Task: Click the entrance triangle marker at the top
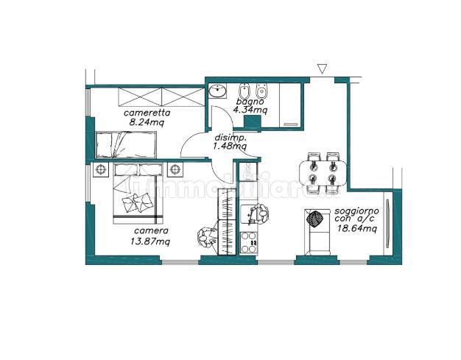point(323,68)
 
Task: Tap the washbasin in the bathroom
point(217,90)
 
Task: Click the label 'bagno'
point(250,102)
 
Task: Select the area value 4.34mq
point(250,110)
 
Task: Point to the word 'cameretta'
point(147,113)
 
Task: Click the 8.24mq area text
point(147,122)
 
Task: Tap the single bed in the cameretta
point(126,144)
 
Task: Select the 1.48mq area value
point(230,146)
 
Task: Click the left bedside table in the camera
point(101,170)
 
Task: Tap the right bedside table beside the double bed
point(175,170)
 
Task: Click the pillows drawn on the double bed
point(138,202)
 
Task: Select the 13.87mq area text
point(150,241)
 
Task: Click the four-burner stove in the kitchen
point(249,243)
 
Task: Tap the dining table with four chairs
point(323,173)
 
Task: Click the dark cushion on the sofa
point(315,219)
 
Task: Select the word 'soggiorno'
point(356,211)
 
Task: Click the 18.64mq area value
point(357,229)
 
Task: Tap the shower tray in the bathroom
point(289,105)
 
